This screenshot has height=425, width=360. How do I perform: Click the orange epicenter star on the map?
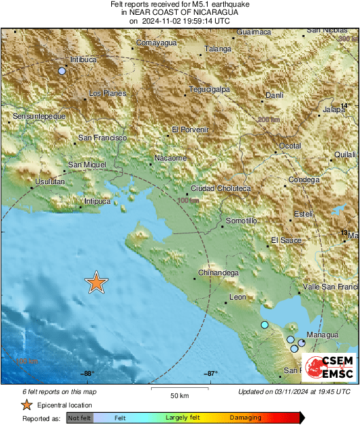96,283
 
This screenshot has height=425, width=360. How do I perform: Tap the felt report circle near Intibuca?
62,71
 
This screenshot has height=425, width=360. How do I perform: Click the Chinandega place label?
218,273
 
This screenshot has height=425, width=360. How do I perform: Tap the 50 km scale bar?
179,390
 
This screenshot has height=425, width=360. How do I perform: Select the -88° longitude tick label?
87,374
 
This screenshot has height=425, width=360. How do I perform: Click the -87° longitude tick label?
210,374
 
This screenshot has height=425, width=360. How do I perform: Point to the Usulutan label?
49,182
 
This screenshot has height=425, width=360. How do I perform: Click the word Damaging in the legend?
245,418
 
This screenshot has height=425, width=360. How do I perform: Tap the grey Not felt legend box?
79,418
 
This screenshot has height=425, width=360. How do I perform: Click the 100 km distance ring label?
189,200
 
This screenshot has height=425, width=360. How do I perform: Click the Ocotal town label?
290,146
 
